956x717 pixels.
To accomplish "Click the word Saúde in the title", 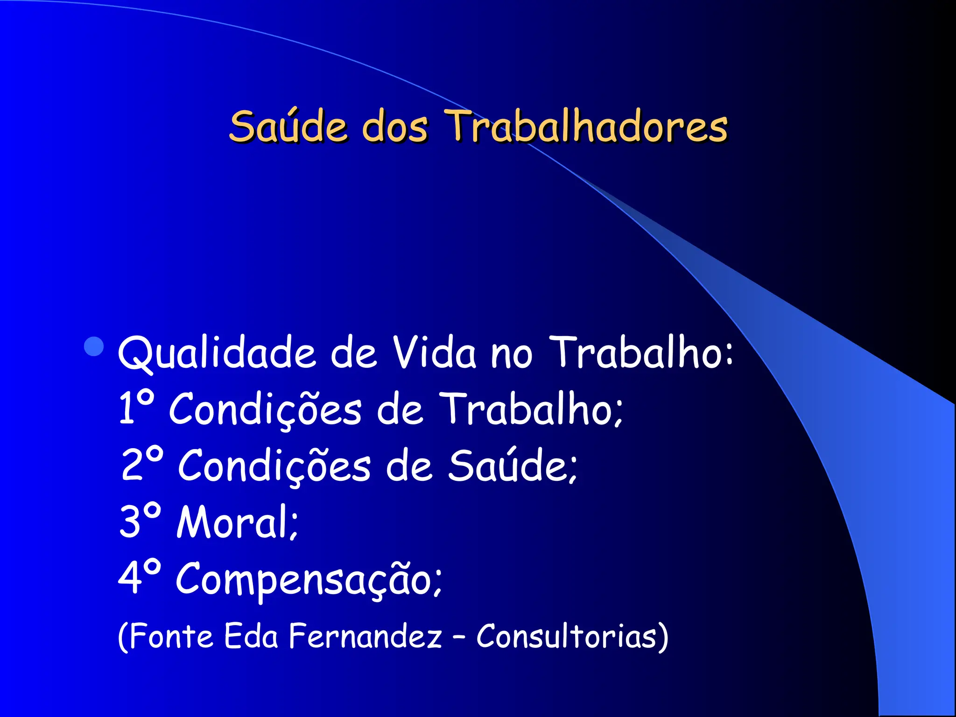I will pos(288,126).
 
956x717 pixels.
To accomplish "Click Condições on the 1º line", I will pos(265,409).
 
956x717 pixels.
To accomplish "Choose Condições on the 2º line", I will pos(274,466).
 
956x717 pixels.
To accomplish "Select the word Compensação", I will pos(308,579).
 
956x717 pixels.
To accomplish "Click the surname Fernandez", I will pos(365,636).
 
